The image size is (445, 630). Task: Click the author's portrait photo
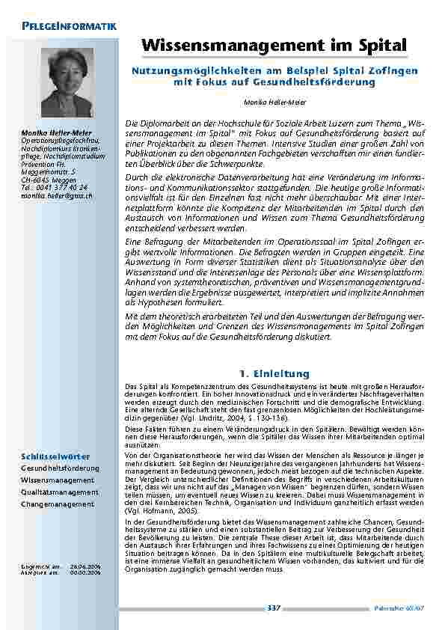click(68, 83)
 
